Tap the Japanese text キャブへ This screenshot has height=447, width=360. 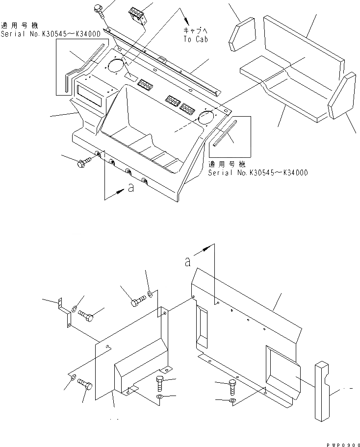coord(196,30)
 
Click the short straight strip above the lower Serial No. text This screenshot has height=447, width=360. coord(224,133)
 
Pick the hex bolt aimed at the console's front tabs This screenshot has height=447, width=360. coord(84,162)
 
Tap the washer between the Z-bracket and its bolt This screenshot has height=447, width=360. coord(73,309)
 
